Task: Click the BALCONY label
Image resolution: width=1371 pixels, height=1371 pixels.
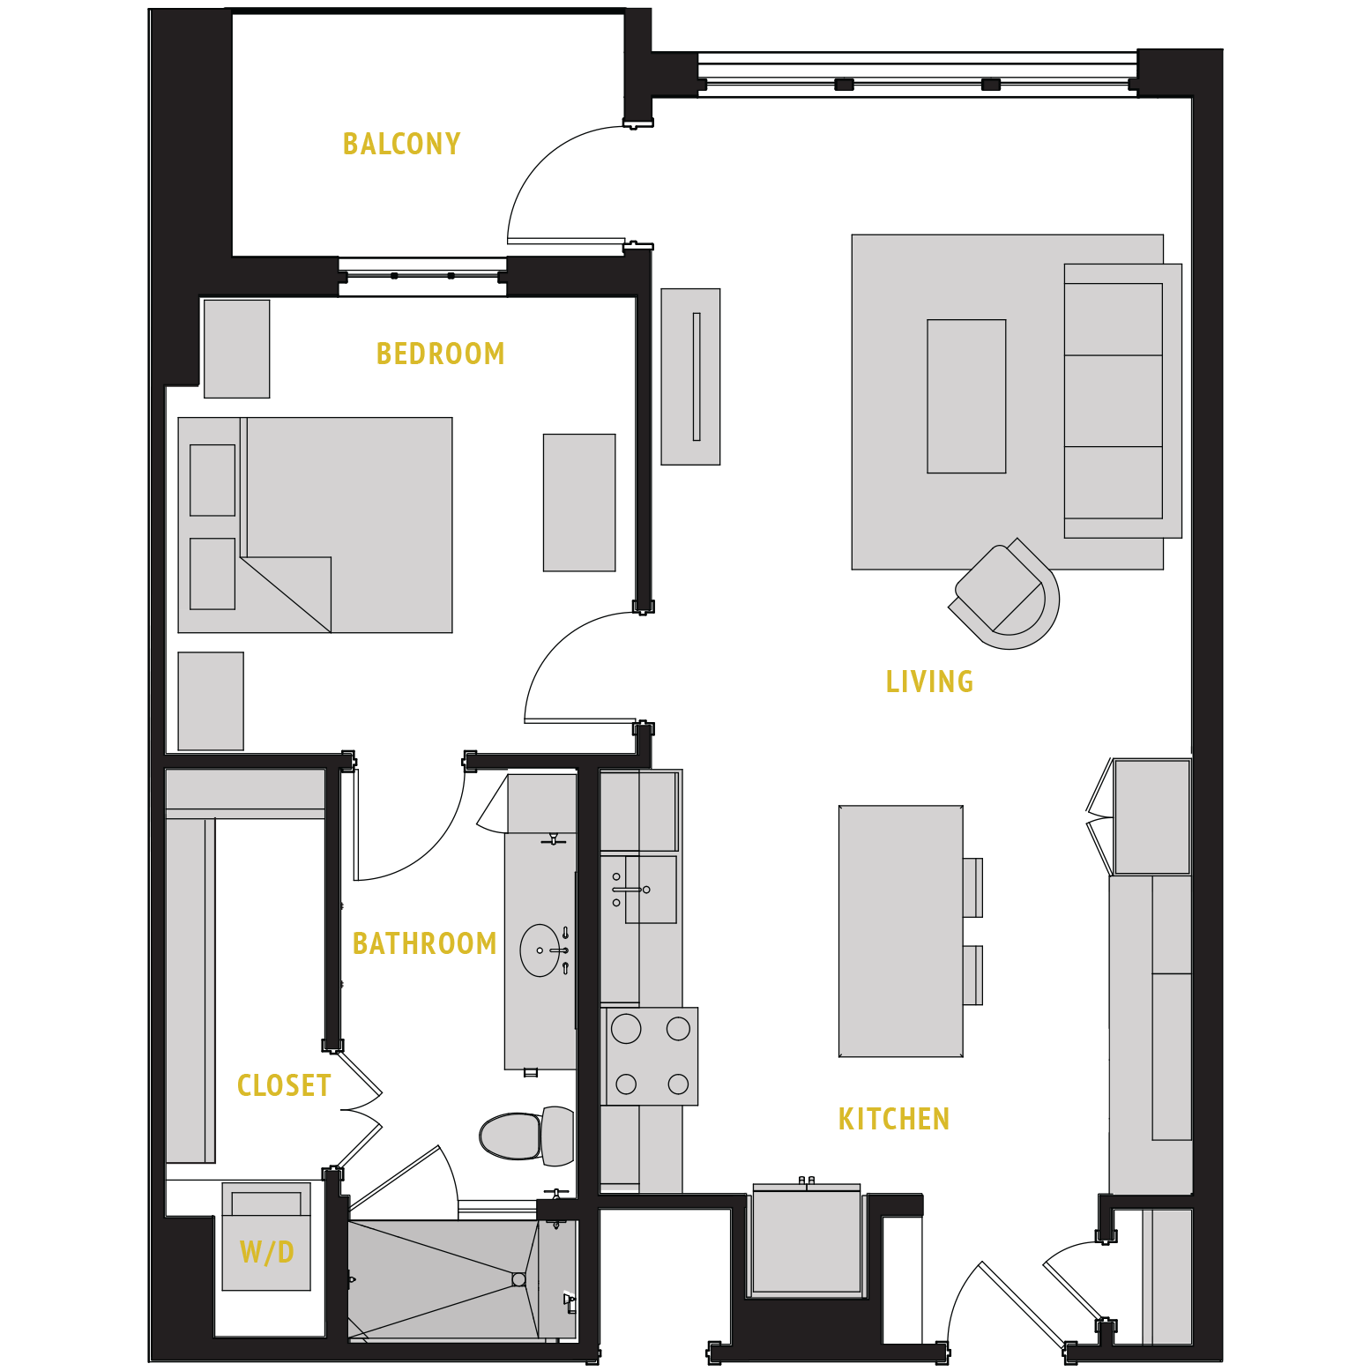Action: pyautogui.click(x=401, y=144)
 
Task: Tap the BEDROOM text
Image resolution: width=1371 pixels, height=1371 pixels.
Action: pyautogui.click(x=440, y=354)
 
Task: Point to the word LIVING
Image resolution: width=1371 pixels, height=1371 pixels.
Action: pyautogui.click(x=929, y=682)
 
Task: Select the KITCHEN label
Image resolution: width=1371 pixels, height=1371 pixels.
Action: pyautogui.click(x=893, y=1119)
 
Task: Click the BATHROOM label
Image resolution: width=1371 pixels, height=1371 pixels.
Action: pyautogui.click(x=424, y=943)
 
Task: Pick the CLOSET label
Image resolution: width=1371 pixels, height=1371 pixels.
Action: pyautogui.click(x=284, y=1085)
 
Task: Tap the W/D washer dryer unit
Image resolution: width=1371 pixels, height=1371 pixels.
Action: pyautogui.click(x=266, y=1239)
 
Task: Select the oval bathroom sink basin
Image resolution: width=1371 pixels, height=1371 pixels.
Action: pyautogui.click(x=540, y=950)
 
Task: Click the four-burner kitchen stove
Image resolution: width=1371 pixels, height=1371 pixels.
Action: pyautogui.click(x=652, y=1056)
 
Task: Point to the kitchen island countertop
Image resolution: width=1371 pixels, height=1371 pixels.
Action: pyautogui.click(x=900, y=930)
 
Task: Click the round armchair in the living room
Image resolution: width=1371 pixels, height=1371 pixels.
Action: pyautogui.click(x=1006, y=596)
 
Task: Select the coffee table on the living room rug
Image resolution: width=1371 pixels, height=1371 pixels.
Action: pyautogui.click(x=966, y=397)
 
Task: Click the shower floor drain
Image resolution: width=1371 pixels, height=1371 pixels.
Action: pyautogui.click(x=518, y=1279)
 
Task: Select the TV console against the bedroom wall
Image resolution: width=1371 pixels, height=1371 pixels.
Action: pyautogui.click(x=690, y=376)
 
